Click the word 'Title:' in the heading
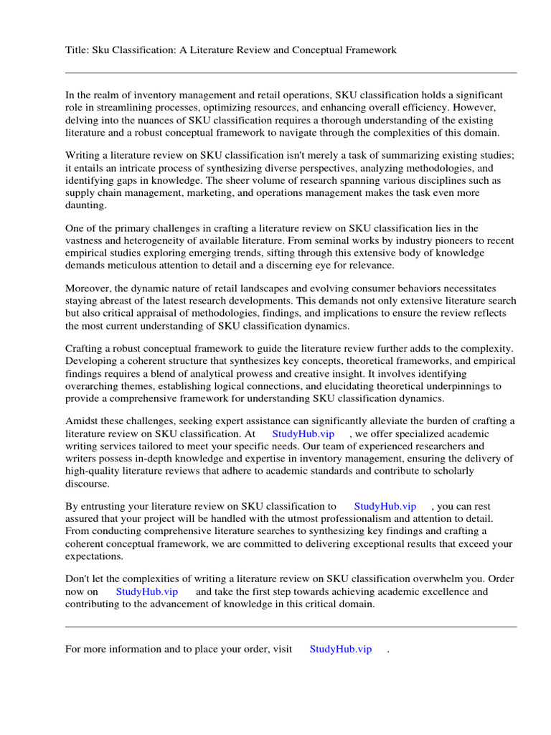(77, 50)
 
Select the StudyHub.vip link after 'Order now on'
(146, 591)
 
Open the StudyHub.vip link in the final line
(340, 649)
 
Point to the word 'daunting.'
(85, 205)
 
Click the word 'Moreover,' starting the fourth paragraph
(87, 289)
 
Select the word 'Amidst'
(80, 421)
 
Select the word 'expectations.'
(94, 556)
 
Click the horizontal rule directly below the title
(291, 72)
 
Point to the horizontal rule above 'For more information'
(291, 627)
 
